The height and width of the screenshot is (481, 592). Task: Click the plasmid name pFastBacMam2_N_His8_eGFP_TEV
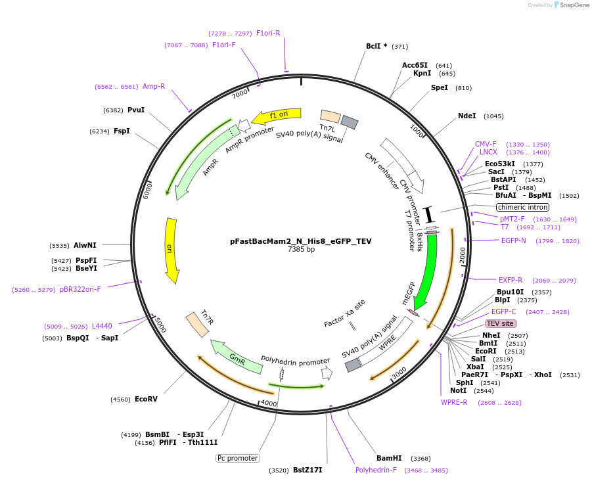click(x=300, y=241)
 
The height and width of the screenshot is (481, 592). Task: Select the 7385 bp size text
click(x=301, y=250)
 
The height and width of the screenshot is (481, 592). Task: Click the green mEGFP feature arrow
click(x=428, y=269)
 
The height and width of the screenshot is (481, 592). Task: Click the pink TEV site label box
click(x=501, y=323)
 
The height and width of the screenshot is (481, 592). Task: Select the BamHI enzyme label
click(x=389, y=458)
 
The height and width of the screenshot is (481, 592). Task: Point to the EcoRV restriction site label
click(x=146, y=399)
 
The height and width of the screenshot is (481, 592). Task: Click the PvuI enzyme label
click(x=136, y=110)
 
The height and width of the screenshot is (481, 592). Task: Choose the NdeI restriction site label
click(x=467, y=116)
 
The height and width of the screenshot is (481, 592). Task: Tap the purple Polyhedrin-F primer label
click(x=376, y=470)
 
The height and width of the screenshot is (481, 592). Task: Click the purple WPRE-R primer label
click(x=454, y=402)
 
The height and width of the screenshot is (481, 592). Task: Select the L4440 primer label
click(x=102, y=326)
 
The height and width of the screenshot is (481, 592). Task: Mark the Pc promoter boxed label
click(x=238, y=458)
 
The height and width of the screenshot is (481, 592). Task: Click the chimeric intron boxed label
click(x=523, y=207)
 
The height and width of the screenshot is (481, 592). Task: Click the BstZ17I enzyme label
click(x=307, y=470)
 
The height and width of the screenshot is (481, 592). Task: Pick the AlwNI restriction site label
click(x=85, y=245)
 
